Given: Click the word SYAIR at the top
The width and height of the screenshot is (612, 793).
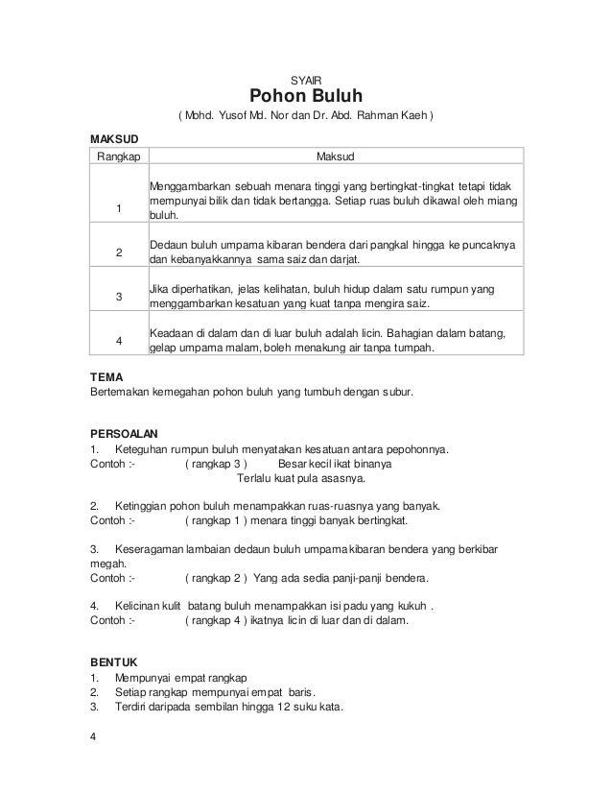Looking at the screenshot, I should [x=306, y=80].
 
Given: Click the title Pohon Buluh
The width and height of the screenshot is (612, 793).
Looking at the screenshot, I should [x=306, y=97].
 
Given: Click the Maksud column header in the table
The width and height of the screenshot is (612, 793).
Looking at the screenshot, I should [x=333, y=156].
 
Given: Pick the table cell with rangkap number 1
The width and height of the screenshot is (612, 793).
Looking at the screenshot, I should [x=117, y=209].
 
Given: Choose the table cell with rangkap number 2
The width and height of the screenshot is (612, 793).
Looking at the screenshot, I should [x=117, y=252].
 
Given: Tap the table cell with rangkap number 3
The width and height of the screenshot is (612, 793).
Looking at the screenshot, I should [x=117, y=297].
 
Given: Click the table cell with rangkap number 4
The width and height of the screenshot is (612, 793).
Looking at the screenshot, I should [x=117, y=340].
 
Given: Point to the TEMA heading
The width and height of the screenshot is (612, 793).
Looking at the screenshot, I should [x=102, y=377].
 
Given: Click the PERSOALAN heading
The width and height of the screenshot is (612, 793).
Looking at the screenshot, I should [x=123, y=433].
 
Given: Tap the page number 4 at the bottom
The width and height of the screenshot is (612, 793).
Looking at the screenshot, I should [x=92, y=738].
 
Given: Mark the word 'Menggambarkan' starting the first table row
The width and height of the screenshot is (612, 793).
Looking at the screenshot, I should [x=187, y=184].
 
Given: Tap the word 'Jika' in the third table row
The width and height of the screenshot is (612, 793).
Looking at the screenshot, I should [x=158, y=289].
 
